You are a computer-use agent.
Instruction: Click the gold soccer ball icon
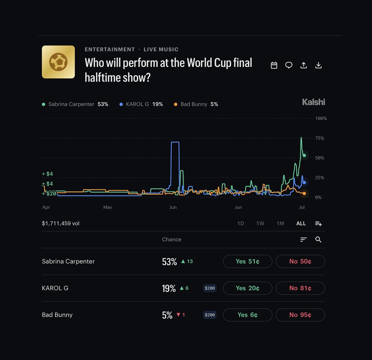58,62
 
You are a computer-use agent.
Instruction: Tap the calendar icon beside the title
274,65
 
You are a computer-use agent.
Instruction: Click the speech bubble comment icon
289,65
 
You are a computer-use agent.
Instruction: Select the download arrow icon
318,65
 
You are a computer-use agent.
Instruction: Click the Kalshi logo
313,102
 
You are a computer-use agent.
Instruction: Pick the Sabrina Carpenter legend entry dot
44,104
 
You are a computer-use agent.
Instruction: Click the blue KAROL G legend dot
121,104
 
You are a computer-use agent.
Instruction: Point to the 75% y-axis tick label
320,138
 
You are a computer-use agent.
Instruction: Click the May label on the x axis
108,207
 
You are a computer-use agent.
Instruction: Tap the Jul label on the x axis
302,207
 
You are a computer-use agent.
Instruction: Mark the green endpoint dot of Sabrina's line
304,155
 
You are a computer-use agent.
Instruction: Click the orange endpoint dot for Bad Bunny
304,193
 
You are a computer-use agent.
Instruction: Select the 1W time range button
260,223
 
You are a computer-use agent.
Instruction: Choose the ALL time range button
301,223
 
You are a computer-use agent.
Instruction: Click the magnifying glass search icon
318,239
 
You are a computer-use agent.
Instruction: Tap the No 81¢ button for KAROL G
300,288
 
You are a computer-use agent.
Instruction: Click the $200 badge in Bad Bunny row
210,315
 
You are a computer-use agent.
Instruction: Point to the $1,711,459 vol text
60,223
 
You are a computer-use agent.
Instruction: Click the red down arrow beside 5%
178,314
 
